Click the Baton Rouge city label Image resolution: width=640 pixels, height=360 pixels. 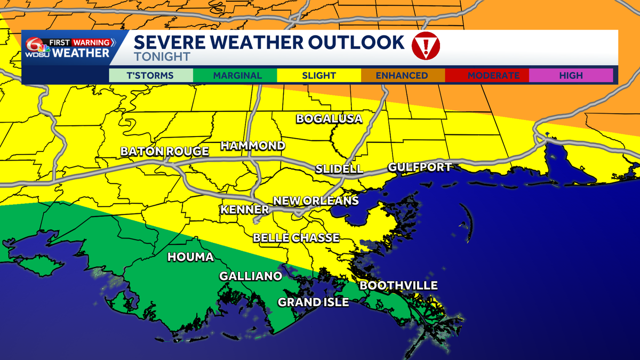pyautogui.click(x=164, y=151)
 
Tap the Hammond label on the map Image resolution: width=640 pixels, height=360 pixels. pyautogui.click(x=253, y=146)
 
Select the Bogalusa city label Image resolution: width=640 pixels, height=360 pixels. pyautogui.click(x=329, y=118)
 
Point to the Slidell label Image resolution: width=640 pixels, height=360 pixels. pyautogui.click(x=339, y=169)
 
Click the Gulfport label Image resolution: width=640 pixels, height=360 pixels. pyautogui.click(x=420, y=167)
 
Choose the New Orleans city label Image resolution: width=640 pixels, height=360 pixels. pyautogui.click(x=316, y=201)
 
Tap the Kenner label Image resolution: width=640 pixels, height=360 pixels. pyautogui.click(x=244, y=209)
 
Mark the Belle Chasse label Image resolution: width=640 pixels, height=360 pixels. pyautogui.click(x=296, y=237)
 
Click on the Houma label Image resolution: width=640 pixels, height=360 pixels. pyautogui.click(x=190, y=257)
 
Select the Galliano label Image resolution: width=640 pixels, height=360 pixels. pyautogui.click(x=251, y=276)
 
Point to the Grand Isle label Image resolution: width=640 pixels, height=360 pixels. pyautogui.click(x=313, y=302)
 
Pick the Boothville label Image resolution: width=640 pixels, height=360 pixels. pyautogui.click(x=398, y=286)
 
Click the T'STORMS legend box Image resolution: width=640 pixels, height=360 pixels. pyautogui.click(x=150, y=76)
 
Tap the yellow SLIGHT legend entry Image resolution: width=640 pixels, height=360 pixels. pyautogui.click(x=319, y=76)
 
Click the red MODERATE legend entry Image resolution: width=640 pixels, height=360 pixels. pyautogui.click(x=486, y=76)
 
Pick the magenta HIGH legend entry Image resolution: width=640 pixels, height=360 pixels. pyautogui.click(x=571, y=76)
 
